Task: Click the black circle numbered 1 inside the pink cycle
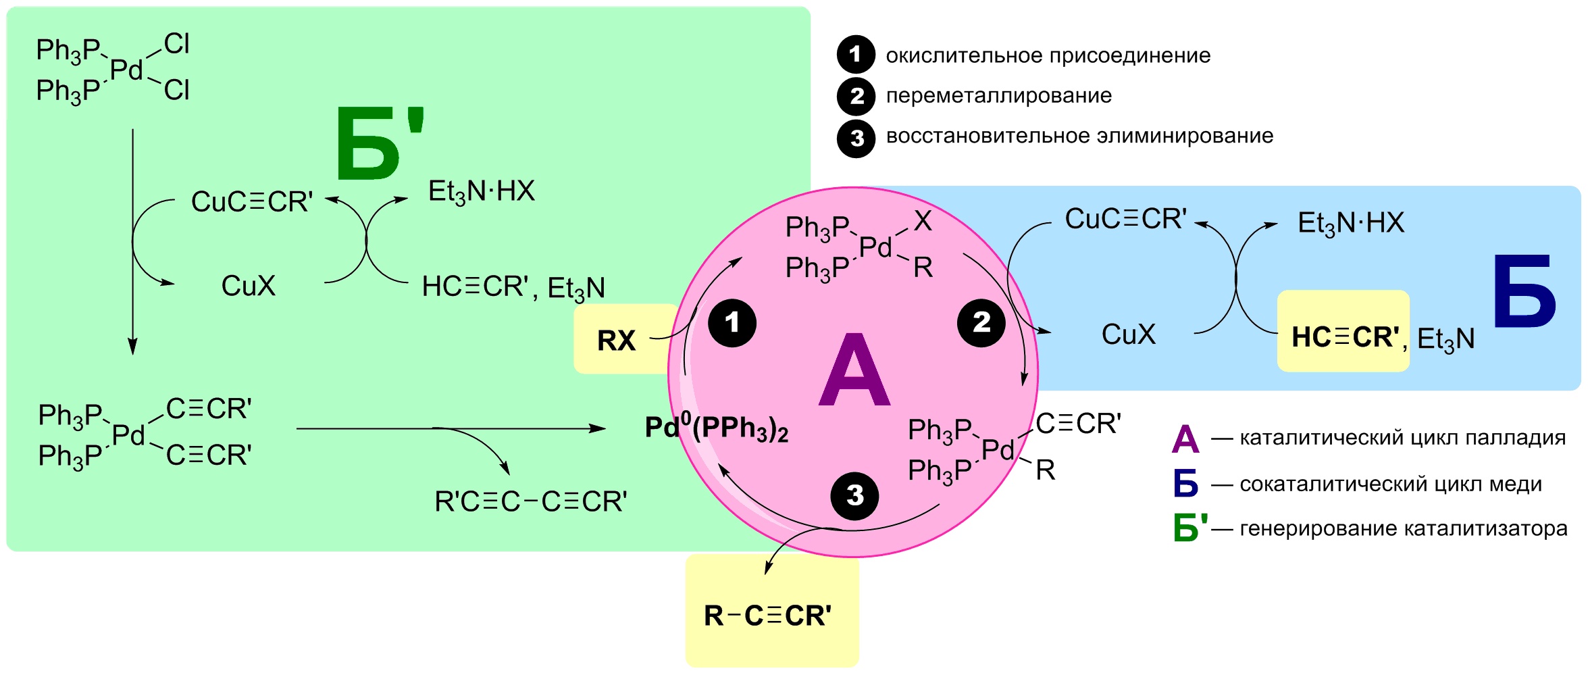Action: tap(732, 323)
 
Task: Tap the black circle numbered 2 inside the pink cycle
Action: tap(981, 323)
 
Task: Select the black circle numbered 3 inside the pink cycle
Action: tap(854, 496)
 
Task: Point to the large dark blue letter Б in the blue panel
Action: tap(1525, 292)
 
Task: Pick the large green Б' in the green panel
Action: tap(378, 144)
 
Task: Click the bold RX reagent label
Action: tap(616, 341)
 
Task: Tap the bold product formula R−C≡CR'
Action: tap(768, 616)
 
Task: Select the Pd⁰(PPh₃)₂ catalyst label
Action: tap(717, 428)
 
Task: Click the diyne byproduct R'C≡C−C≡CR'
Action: tap(531, 501)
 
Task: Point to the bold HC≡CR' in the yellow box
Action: tap(1345, 337)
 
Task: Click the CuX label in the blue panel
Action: tap(1129, 334)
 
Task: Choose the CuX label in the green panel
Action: tap(249, 286)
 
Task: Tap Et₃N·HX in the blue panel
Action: tap(1351, 223)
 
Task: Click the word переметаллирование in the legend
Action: tap(998, 96)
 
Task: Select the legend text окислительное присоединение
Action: tap(1048, 55)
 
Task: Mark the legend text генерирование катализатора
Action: tap(1403, 528)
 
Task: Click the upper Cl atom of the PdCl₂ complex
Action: tap(177, 45)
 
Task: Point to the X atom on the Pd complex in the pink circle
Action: tap(923, 221)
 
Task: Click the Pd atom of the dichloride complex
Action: tap(126, 70)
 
